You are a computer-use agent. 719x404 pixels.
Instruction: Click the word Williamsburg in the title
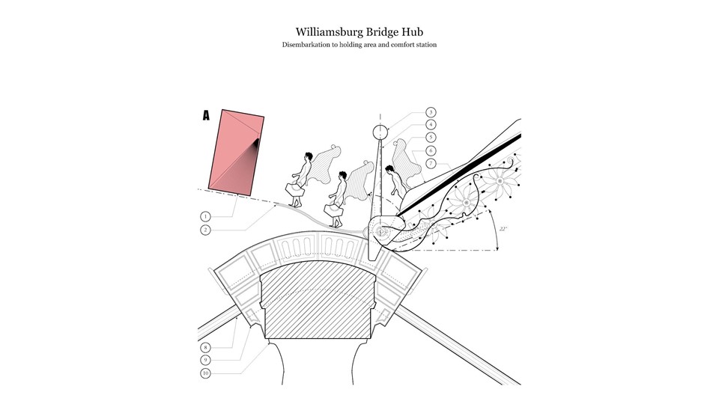(x=330, y=31)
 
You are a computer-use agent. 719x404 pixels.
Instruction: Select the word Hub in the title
(x=421, y=31)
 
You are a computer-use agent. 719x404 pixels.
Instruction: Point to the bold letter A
(x=206, y=116)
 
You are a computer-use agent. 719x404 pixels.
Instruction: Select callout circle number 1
(x=205, y=215)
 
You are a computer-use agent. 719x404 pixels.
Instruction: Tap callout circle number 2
(x=205, y=230)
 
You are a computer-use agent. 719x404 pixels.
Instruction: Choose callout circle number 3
(x=431, y=112)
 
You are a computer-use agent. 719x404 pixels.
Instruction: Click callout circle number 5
(x=431, y=138)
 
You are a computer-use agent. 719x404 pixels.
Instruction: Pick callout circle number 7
(x=431, y=163)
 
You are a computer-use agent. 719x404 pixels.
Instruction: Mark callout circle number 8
(x=205, y=348)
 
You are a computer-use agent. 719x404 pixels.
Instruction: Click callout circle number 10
(x=205, y=373)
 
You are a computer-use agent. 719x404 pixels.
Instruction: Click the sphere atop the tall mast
(x=381, y=133)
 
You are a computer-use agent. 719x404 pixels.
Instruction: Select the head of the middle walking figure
(x=343, y=177)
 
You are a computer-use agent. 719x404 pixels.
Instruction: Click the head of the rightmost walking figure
(x=389, y=170)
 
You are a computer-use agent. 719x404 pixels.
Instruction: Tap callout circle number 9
(x=205, y=360)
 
